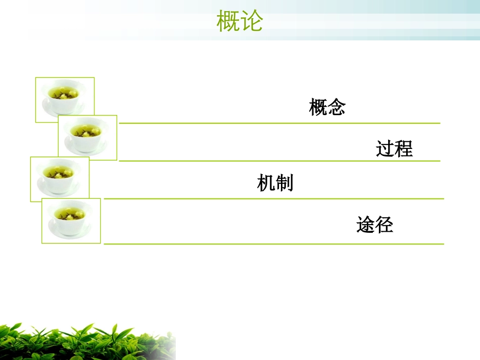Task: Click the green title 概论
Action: (x=240, y=22)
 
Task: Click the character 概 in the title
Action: (x=228, y=22)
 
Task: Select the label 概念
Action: (x=327, y=108)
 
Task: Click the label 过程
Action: (x=394, y=149)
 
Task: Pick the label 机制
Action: (x=275, y=183)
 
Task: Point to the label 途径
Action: (x=374, y=225)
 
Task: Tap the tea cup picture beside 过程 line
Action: (x=87, y=137)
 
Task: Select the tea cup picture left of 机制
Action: (x=60, y=179)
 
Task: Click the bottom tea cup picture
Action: (x=71, y=221)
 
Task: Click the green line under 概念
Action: (x=279, y=123)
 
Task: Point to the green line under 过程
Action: (x=279, y=161)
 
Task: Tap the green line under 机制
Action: (x=273, y=199)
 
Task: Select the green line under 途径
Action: (x=273, y=244)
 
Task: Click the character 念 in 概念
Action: (x=337, y=108)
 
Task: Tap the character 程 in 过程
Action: (x=404, y=149)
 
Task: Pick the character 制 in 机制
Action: (x=284, y=183)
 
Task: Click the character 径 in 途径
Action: (x=384, y=225)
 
